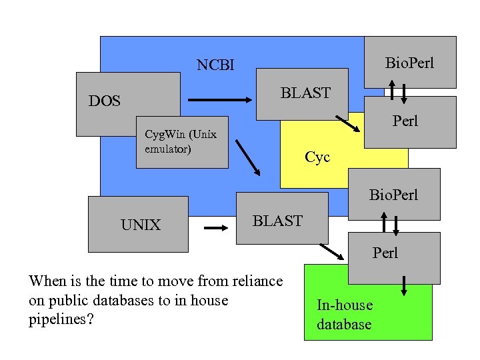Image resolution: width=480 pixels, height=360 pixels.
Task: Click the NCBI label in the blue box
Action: click(215, 65)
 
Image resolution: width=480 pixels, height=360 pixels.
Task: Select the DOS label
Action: click(105, 101)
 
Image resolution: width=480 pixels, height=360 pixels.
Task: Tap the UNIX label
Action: click(141, 225)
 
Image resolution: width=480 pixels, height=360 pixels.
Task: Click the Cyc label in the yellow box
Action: click(317, 157)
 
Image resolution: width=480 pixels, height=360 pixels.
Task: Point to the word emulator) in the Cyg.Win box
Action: click(168, 148)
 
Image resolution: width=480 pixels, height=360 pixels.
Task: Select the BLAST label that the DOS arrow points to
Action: click(305, 93)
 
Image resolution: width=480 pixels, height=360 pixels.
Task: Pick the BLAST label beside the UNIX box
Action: click(277, 221)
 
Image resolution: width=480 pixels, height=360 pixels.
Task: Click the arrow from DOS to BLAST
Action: click(219, 101)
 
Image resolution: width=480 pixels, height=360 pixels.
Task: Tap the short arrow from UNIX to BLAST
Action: click(215, 228)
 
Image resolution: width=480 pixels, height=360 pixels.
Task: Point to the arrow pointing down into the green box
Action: click(404, 285)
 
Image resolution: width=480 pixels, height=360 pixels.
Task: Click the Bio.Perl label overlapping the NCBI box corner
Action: click(409, 63)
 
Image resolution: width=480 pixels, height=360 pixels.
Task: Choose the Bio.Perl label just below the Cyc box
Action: click(394, 195)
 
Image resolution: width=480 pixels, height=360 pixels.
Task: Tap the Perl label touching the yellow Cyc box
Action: click(405, 121)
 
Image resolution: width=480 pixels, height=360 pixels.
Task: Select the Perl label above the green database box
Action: click(385, 253)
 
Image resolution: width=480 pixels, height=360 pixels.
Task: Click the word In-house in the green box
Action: click(345, 305)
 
